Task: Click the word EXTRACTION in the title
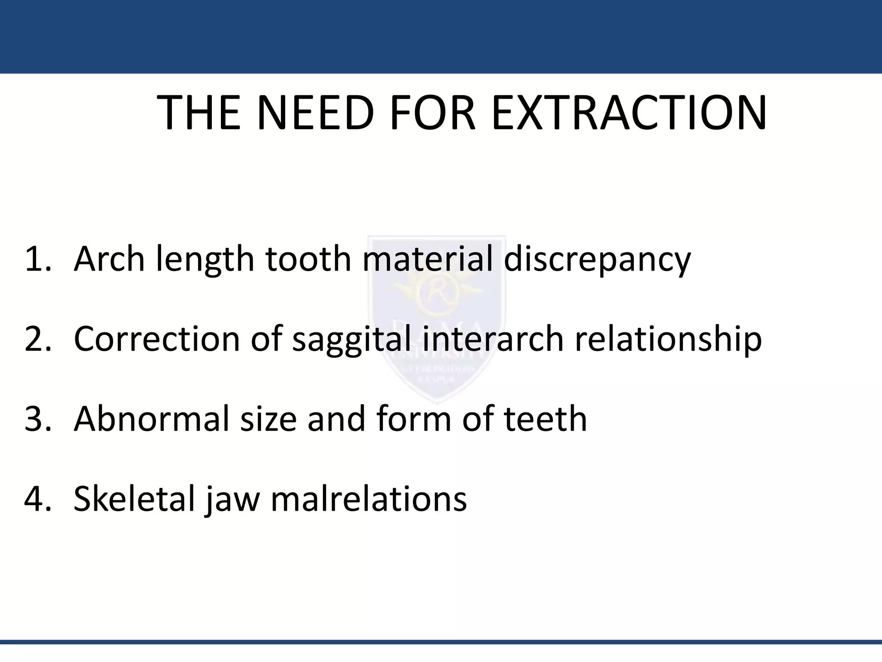pos(629,113)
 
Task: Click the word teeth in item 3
pos(545,419)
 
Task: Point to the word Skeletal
pos(135,499)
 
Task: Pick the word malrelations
pos(369,499)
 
